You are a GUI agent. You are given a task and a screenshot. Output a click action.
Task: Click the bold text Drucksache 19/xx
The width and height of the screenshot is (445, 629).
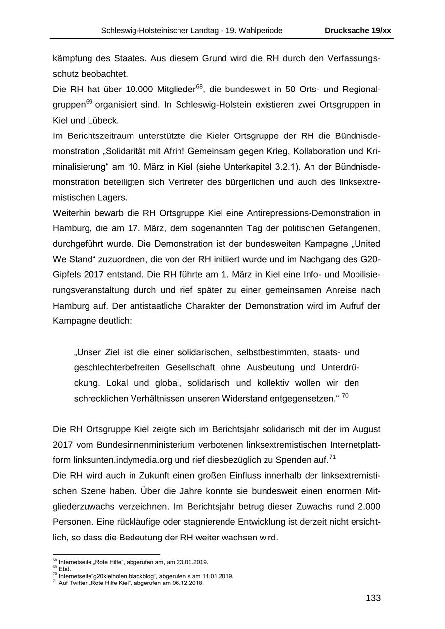(x=357, y=31)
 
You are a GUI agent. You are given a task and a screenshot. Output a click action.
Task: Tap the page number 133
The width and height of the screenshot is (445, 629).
(x=373, y=598)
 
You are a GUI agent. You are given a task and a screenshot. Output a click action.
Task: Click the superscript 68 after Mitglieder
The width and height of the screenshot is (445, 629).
(x=199, y=87)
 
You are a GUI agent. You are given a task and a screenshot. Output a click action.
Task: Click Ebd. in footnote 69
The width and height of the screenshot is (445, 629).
(x=65, y=569)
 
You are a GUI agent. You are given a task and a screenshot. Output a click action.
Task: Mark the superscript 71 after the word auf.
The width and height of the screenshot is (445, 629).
(x=333, y=457)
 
